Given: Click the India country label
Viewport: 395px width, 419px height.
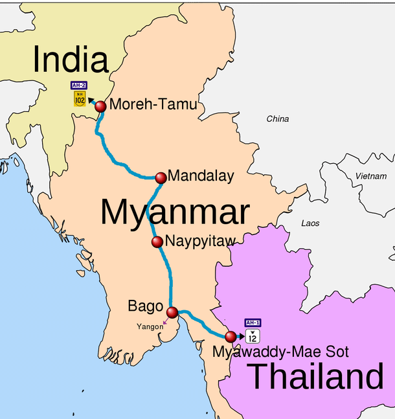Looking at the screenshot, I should click(71, 60).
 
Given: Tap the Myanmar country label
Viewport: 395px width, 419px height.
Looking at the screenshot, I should click(175, 212).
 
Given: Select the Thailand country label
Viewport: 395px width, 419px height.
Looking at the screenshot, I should click(316, 376).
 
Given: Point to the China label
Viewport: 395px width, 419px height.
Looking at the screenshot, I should click(278, 119).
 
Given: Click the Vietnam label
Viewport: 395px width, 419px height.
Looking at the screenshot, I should click(371, 176).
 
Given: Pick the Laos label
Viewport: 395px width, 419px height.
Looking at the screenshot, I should click(310, 223).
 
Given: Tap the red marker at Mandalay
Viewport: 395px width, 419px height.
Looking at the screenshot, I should click(161, 177).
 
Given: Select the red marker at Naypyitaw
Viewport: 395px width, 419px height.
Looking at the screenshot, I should click(157, 242).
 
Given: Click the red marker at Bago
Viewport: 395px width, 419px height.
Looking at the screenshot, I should click(172, 313).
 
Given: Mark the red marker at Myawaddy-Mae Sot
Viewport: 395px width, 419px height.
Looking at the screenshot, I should click(231, 336).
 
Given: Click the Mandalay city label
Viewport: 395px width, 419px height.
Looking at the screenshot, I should click(201, 176).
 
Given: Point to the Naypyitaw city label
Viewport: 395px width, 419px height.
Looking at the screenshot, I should click(199, 242).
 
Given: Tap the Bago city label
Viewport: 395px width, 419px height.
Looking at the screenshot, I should click(146, 306).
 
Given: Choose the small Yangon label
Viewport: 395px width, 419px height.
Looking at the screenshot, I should click(150, 326).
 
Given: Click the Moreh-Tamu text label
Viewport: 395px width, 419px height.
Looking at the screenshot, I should click(153, 105).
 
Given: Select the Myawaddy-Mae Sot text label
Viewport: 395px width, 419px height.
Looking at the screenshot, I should click(281, 352).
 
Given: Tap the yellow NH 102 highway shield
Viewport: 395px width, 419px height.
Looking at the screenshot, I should click(80, 99).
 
